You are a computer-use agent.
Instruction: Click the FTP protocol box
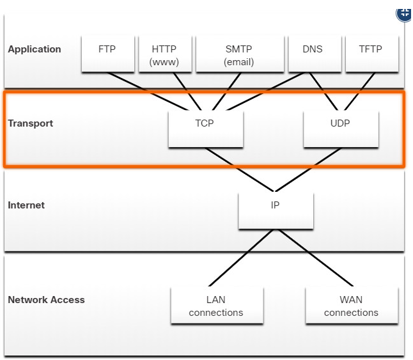coord(108,54)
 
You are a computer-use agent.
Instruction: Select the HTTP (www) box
coord(165,54)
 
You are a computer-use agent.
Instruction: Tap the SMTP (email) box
coord(240,54)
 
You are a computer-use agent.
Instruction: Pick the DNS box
coord(315,54)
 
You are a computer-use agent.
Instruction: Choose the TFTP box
coord(372,54)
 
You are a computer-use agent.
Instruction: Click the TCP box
coord(206,129)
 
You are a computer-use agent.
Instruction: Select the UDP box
coord(341,129)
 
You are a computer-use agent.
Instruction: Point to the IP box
coord(276,210)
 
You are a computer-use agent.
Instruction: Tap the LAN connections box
coord(217,305)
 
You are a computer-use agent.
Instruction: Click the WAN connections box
coord(352,305)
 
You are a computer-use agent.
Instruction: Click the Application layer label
coord(35,49)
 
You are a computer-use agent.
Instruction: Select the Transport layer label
coord(31,123)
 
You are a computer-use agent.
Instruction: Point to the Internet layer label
coord(26,205)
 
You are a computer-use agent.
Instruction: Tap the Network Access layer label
coord(47,300)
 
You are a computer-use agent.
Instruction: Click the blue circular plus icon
coord(404,15)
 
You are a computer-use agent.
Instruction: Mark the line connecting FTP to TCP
coord(148,91)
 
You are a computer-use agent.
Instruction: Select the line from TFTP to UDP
coord(360,91)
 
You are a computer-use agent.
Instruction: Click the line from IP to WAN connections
coord(316,258)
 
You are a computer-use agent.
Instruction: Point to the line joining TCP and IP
coord(240,169)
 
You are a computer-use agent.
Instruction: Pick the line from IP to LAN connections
coord(241,258)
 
